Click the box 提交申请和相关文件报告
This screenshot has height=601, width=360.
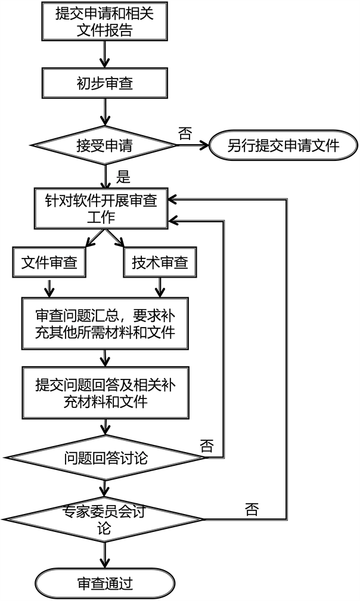pos(105,21)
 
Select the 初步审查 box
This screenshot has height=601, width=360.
pos(105,83)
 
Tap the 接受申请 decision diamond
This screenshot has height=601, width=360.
pos(104,145)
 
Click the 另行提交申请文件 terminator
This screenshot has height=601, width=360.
pos(283,145)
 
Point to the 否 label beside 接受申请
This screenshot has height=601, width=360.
pos(185,134)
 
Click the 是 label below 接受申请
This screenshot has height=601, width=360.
pos(123,177)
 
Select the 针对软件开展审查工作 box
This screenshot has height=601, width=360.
pos(101,208)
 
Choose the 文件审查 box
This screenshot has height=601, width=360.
pos(49,263)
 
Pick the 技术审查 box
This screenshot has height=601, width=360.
pos(160,263)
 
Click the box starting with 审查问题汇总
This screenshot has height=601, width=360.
pos(105,323)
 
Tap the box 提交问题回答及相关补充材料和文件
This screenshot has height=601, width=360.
pos(105,393)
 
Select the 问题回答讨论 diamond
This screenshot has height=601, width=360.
pos(105,457)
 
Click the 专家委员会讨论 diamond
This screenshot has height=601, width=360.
pos(104,519)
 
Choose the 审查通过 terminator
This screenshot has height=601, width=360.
pos(105,584)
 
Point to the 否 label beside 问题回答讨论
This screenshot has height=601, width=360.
pos(207,446)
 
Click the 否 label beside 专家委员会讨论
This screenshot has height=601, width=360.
pos(252,509)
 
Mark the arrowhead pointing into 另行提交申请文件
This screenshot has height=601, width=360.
pos(204,145)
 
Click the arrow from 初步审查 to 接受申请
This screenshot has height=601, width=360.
pos(105,113)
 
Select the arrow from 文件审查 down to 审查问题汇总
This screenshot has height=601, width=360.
pos(49,288)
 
